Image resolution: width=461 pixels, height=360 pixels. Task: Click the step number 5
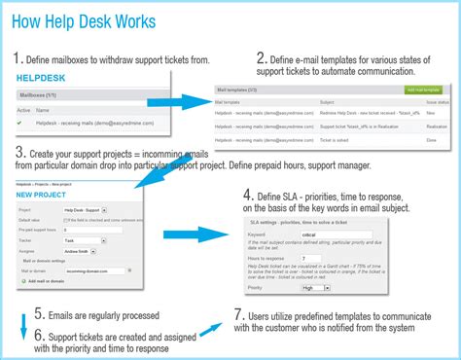click(39, 313)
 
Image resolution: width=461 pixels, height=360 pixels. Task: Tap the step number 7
click(239, 316)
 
